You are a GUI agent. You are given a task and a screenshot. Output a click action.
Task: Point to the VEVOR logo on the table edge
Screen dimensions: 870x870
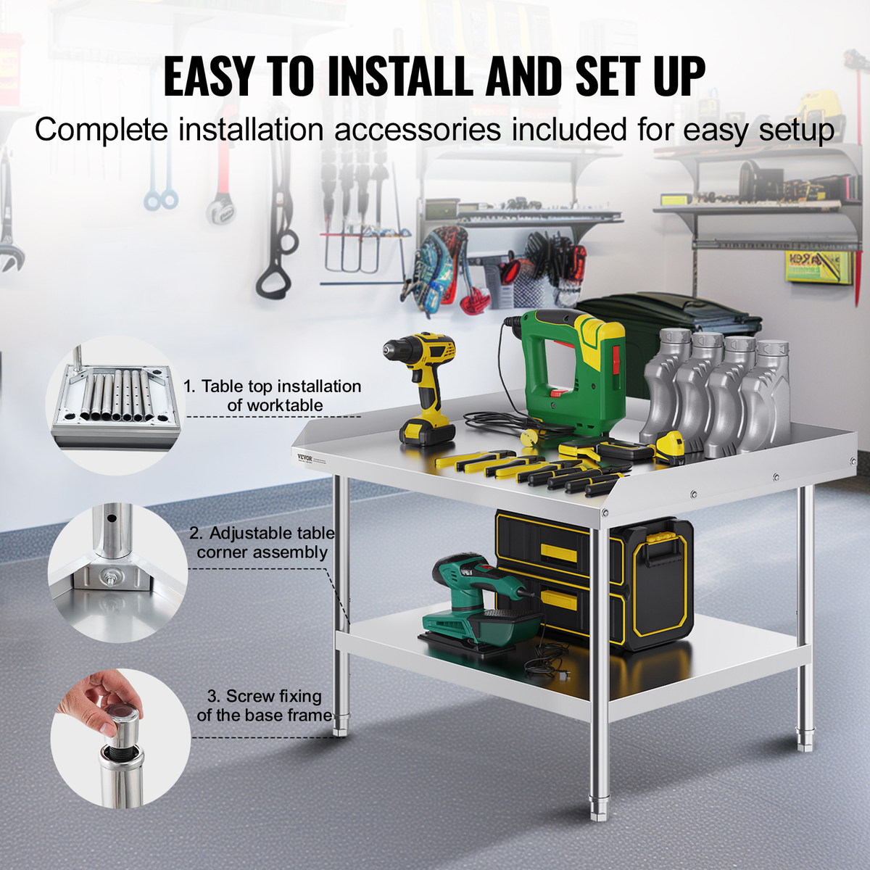click(x=304, y=457)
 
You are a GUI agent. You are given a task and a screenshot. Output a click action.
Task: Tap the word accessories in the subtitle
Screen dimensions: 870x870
click(x=418, y=131)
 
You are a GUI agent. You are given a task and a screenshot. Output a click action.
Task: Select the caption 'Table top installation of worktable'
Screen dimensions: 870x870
click(x=272, y=396)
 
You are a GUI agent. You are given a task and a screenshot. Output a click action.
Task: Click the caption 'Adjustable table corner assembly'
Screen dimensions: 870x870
click(x=262, y=542)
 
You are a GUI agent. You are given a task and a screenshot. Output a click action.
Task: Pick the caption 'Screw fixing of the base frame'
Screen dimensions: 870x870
click(x=265, y=705)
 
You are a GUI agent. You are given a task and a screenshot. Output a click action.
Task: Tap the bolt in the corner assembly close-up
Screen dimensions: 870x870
click(x=108, y=579)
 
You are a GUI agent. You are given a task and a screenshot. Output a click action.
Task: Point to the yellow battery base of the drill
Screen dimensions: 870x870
click(x=426, y=431)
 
